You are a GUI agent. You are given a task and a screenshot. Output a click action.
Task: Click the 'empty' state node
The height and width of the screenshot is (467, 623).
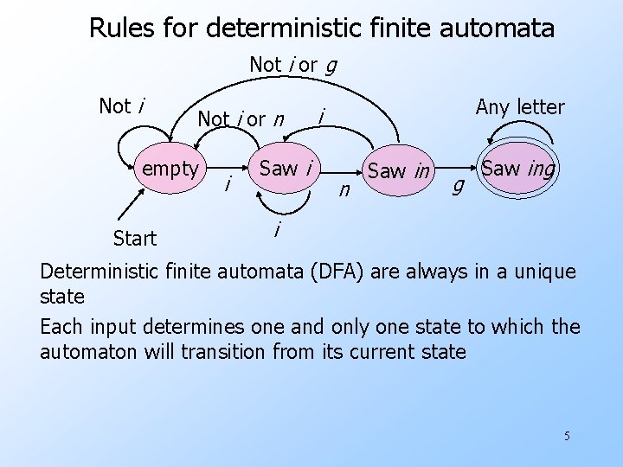tap(170, 169)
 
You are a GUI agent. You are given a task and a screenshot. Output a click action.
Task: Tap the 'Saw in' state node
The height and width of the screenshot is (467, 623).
tap(399, 171)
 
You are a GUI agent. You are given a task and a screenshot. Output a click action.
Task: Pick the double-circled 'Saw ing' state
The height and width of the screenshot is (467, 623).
tap(517, 169)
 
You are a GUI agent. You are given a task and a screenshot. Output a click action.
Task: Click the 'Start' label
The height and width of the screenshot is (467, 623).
tap(135, 238)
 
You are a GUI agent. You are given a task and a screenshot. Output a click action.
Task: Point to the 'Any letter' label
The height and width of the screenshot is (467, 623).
tap(520, 107)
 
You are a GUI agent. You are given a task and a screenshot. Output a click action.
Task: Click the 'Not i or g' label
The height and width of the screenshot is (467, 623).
tap(292, 65)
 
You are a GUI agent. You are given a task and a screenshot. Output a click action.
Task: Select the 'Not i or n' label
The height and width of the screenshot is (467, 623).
tap(241, 118)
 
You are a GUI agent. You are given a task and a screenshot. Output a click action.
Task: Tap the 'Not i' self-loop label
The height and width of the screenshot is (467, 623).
tap(121, 106)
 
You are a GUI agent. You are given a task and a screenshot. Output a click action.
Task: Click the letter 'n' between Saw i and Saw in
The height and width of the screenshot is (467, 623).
tap(344, 189)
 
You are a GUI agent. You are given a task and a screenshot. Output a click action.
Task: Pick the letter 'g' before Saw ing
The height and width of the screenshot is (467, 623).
tap(459, 183)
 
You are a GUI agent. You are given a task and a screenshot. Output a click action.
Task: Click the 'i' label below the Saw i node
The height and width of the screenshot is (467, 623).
tap(276, 230)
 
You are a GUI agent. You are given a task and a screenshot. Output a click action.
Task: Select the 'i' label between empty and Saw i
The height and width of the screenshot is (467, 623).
tap(228, 183)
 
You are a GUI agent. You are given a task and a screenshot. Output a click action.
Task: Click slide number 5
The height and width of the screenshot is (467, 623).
tap(567, 435)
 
